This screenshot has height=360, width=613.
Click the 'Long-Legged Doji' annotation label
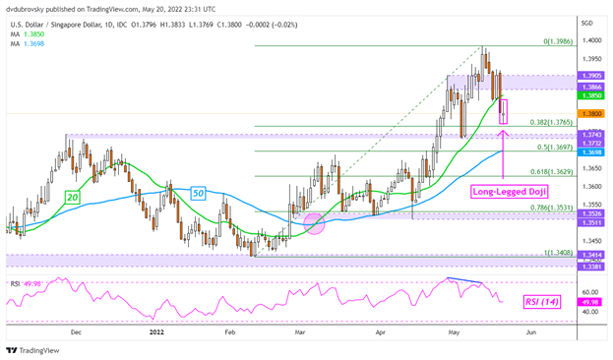510,191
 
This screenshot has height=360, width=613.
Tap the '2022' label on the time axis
156,333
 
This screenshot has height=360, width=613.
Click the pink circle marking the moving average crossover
316,225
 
